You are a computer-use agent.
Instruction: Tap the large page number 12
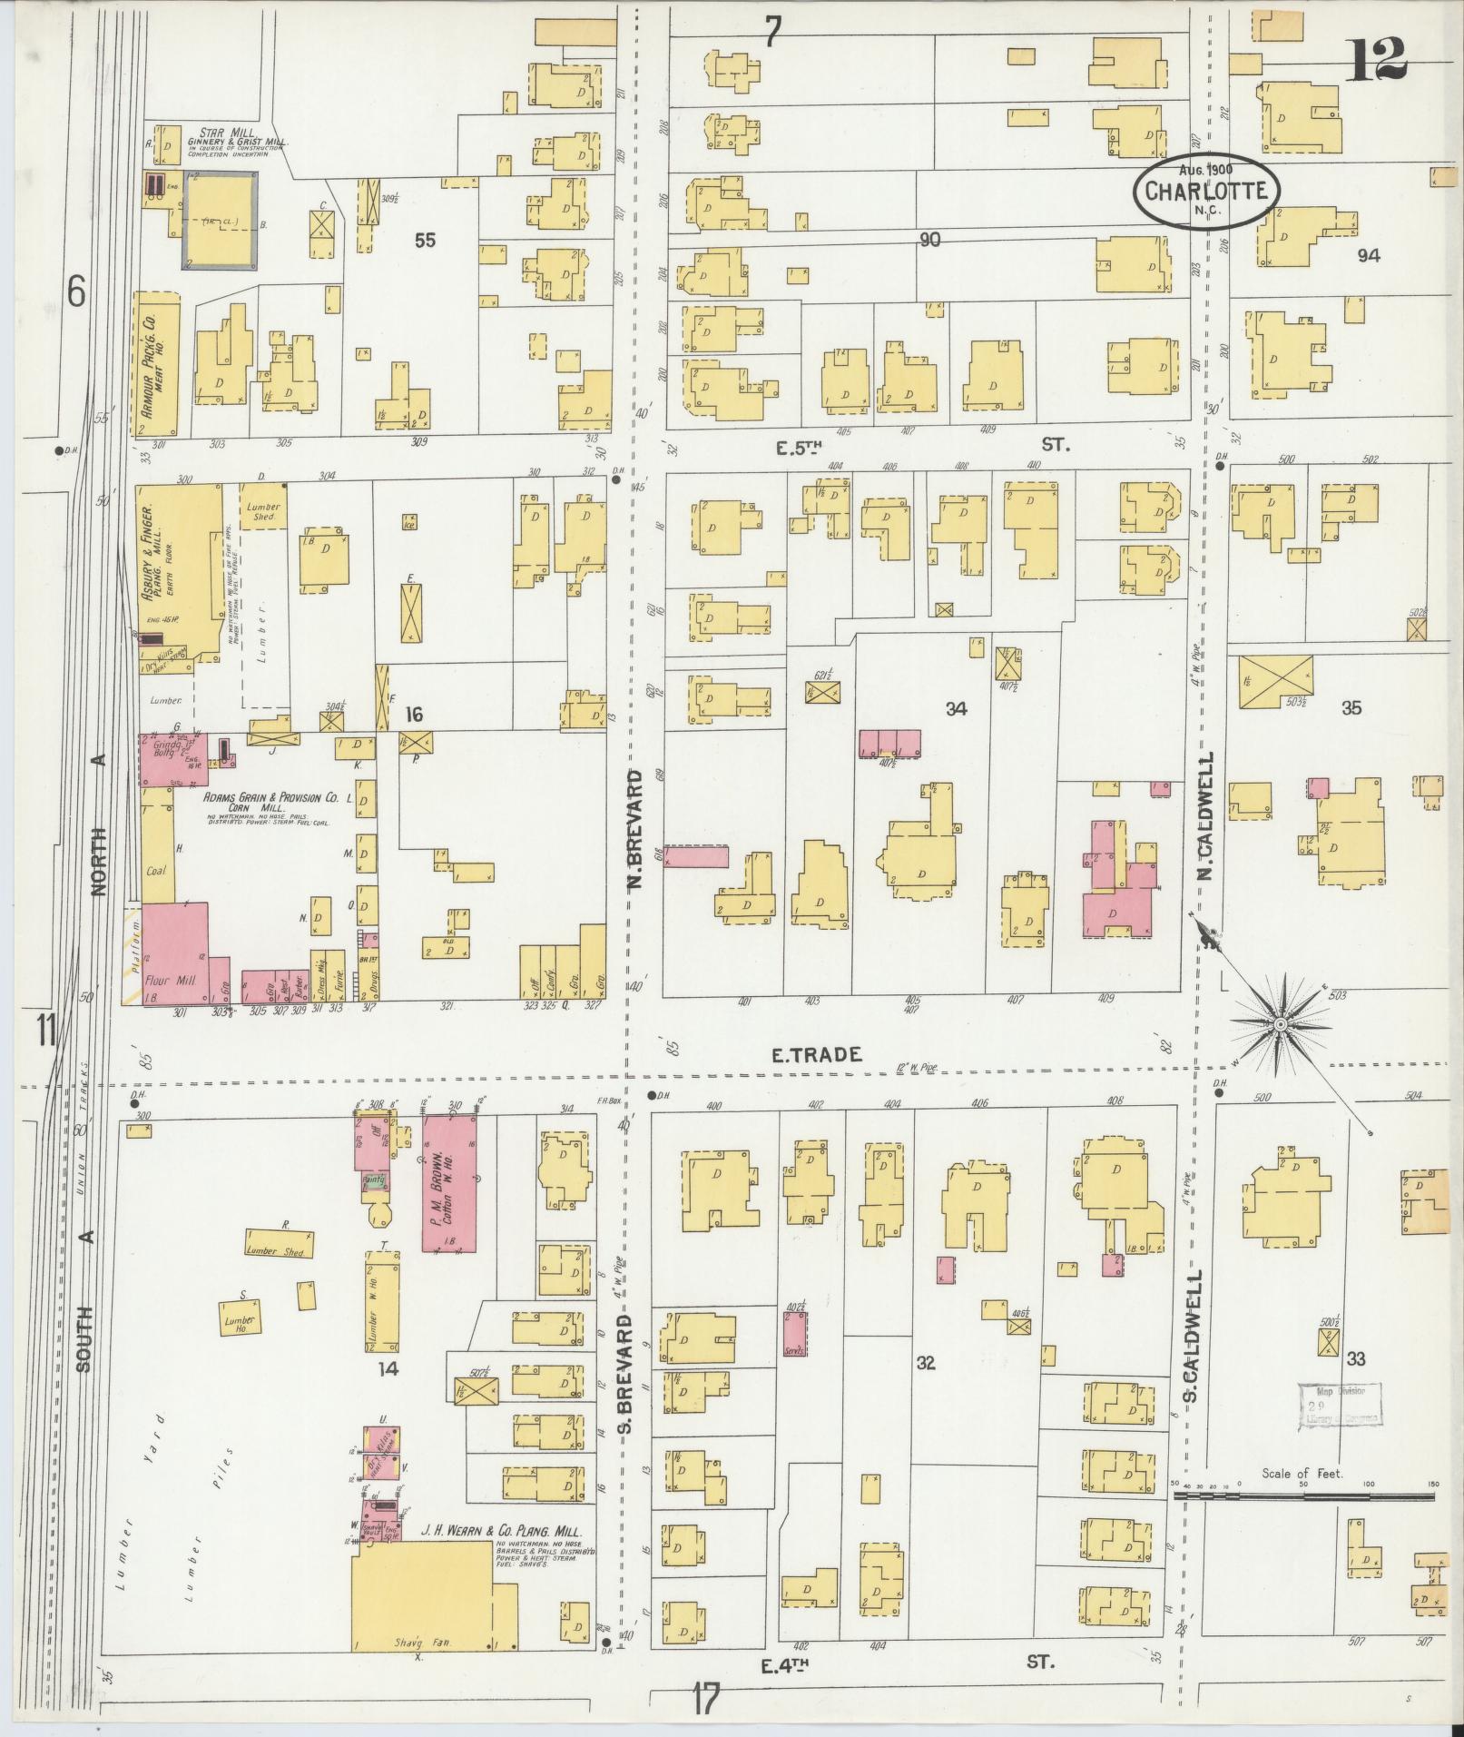tap(1378, 60)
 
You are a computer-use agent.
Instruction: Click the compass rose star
tap(1280, 1024)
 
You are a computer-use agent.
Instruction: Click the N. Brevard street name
tap(635, 827)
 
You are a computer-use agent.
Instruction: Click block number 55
tap(425, 240)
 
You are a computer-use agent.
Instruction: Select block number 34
tap(956, 709)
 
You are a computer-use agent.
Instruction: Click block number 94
tap(1368, 256)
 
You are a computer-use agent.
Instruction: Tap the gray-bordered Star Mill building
tap(221, 221)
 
